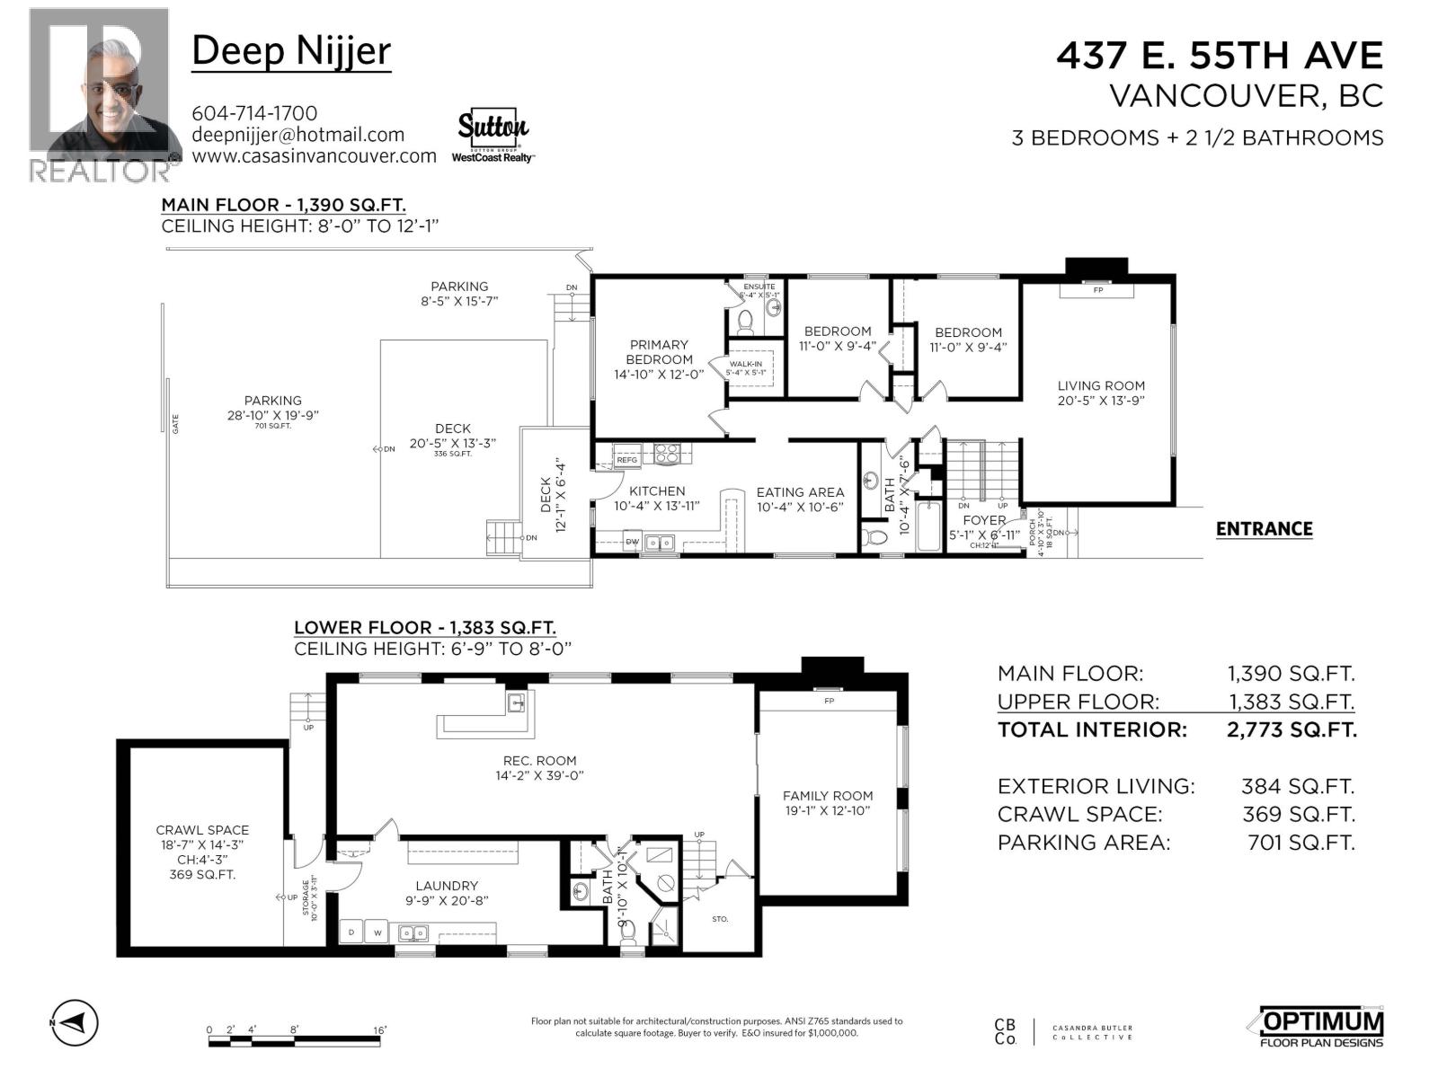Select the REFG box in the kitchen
[626, 460]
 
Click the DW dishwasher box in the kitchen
[632, 542]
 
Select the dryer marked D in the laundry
[351, 932]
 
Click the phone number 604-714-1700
[254, 113]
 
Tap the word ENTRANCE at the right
[1264, 529]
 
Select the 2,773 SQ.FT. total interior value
[1292, 729]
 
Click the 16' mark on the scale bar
[379, 1030]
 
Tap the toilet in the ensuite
[744, 321]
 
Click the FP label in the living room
[1097, 290]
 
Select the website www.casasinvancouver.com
[314, 155]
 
